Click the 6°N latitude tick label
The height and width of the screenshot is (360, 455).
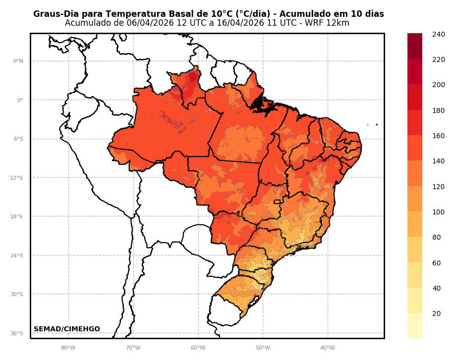[x=18, y=61]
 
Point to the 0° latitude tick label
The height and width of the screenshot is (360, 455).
[x=20, y=100]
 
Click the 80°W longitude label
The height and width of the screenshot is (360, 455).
[x=68, y=348]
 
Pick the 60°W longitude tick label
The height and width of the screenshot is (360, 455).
[x=198, y=348]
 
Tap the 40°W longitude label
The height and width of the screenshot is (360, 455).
[x=327, y=348]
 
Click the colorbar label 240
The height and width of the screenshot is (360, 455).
[x=438, y=34]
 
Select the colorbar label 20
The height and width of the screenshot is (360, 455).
[x=436, y=313]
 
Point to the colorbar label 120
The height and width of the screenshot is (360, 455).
[x=438, y=187]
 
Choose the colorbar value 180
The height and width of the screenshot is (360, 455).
[x=438, y=110]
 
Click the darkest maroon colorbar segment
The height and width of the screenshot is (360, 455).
[x=415, y=46]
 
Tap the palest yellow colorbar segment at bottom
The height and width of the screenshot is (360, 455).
[x=415, y=325]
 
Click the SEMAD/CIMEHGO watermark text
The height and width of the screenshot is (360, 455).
[x=67, y=329]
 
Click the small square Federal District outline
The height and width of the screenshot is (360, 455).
[x=277, y=202]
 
